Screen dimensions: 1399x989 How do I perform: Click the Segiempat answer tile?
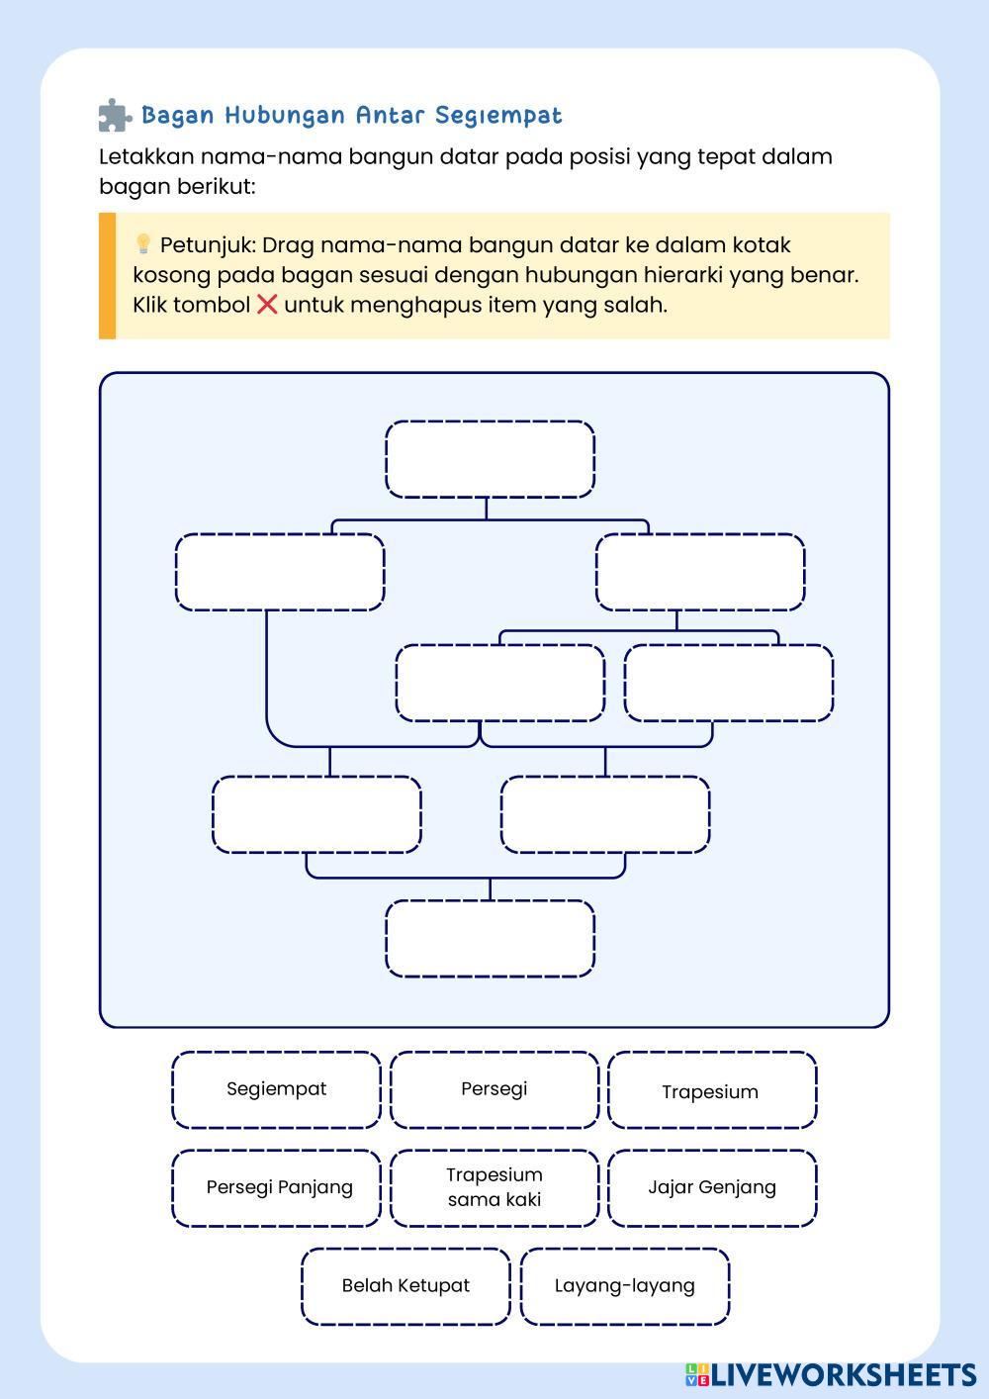coord(276,1089)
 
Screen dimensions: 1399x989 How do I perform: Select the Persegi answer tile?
coord(494,1089)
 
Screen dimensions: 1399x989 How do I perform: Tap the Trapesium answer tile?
coord(711,1091)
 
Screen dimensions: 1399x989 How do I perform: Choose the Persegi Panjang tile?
coord(278,1187)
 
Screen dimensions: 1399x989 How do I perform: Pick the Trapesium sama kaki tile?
coord(494,1187)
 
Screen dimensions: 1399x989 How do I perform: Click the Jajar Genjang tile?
coord(712,1187)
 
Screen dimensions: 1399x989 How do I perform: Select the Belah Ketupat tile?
coord(405,1286)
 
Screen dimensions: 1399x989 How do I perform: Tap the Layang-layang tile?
coord(624,1286)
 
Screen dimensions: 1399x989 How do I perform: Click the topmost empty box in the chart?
coord(490,459)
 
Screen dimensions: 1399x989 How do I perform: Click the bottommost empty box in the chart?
coord(490,938)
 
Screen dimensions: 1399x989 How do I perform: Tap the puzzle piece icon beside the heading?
coord(115,116)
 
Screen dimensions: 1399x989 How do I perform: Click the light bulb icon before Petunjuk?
coord(142,243)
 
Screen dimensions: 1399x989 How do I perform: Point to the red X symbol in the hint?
coord(267,304)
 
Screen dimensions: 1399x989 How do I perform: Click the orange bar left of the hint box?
coord(107,276)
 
